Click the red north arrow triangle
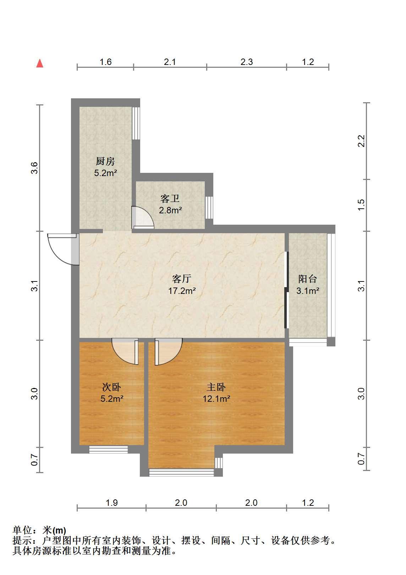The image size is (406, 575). pos(40,64)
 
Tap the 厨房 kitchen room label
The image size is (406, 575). pos(105,161)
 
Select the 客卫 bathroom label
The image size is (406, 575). pos(170,198)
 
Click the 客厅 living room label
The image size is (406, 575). pos(182,279)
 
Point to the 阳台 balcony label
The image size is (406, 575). pos(307,279)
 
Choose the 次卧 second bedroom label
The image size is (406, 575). pos(112,387)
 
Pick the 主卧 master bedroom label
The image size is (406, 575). pos(216,387)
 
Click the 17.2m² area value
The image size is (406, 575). pos(182,291)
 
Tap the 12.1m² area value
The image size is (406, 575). pos(216,399)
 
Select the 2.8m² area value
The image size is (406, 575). pos(170,210)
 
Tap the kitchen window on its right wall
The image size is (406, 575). pos(136,123)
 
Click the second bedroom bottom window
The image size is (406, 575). pos(108,449)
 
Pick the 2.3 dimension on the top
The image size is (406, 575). pos(247,62)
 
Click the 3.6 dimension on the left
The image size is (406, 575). pos(34,168)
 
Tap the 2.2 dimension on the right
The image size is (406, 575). pos(361,141)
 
